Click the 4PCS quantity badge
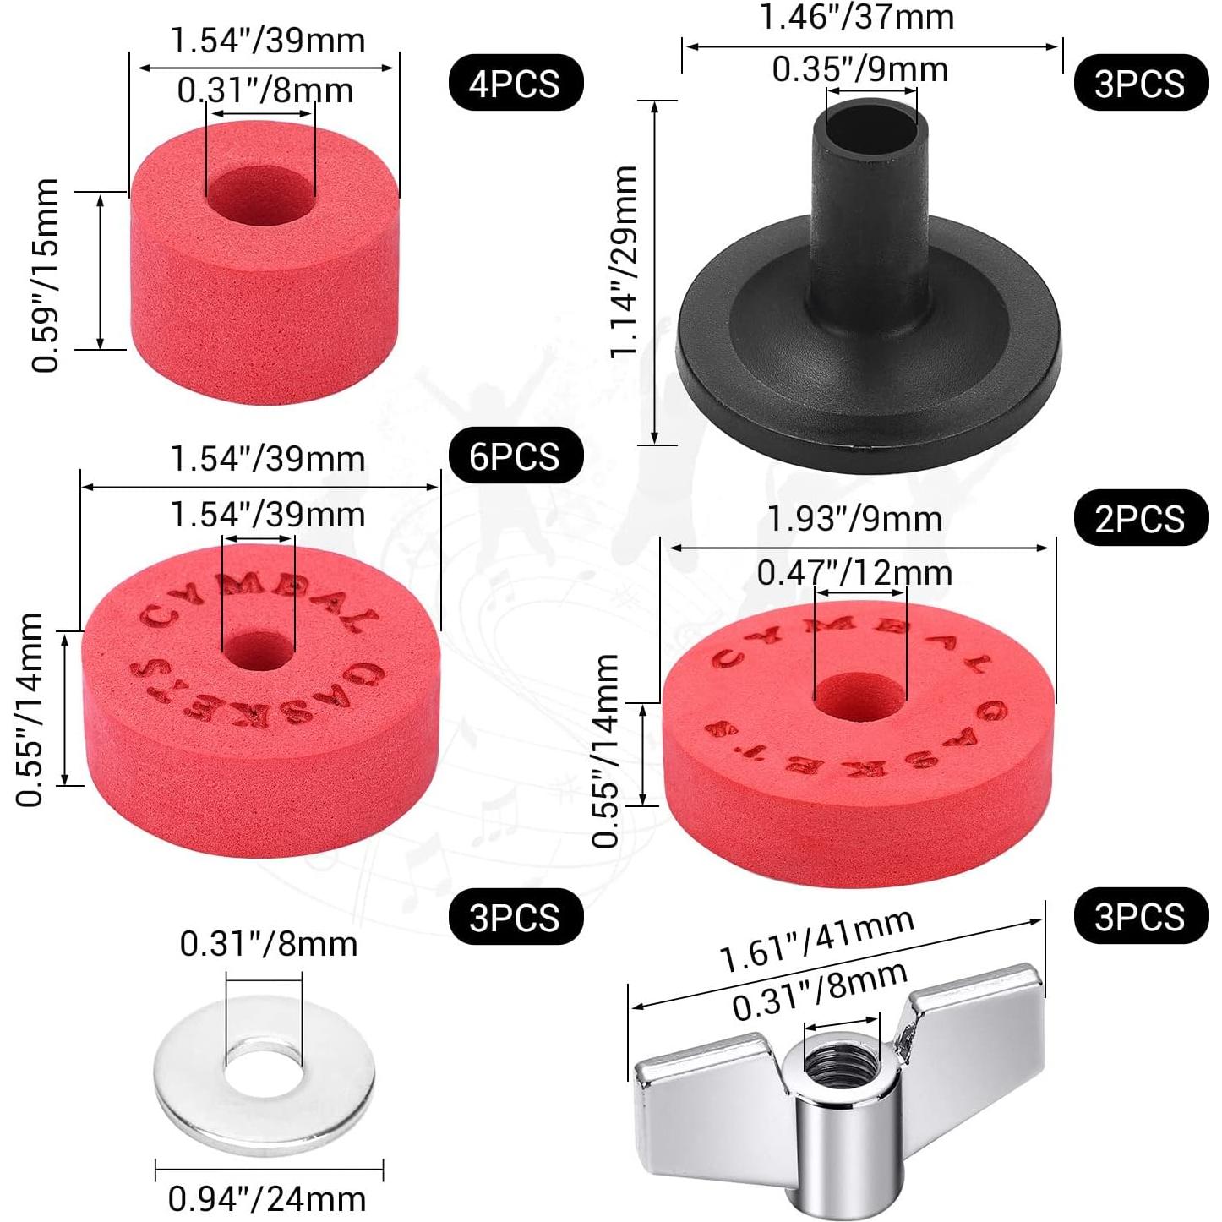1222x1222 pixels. point(515,83)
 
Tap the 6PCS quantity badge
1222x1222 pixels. point(515,456)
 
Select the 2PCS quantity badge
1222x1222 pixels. point(1140,518)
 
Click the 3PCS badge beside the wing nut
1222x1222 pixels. point(1140,916)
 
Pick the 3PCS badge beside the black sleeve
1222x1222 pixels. point(1140,83)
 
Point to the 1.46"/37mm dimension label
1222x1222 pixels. point(857,17)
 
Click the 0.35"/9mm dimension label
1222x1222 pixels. point(860,69)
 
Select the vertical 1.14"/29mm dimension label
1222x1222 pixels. point(625,261)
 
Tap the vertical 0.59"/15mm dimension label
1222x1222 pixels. point(46,275)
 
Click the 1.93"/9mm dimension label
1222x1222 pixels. point(854,519)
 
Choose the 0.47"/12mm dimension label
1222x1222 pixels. point(854,573)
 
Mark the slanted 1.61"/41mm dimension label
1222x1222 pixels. point(816,941)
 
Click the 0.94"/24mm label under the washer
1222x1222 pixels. point(267,1198)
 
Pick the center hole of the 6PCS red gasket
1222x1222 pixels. point(259,652)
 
